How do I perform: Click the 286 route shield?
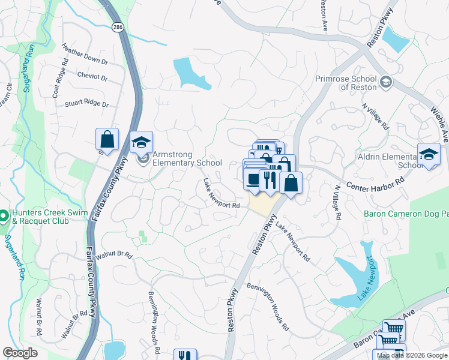[x=117, y=28]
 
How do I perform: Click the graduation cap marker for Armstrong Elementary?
[x=142, y=143]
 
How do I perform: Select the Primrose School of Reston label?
[x=346, y=83]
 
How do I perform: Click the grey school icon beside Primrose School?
[x=386, y=83]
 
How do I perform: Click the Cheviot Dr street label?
[x=92, y=76]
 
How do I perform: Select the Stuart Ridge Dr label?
[x=88, y=104]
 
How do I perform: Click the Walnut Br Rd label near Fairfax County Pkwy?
[x=113, y=254]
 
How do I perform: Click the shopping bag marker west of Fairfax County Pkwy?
[x=107, y=140]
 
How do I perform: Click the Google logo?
[x=20, y=353]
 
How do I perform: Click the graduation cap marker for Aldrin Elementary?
[x=429, y=155]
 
